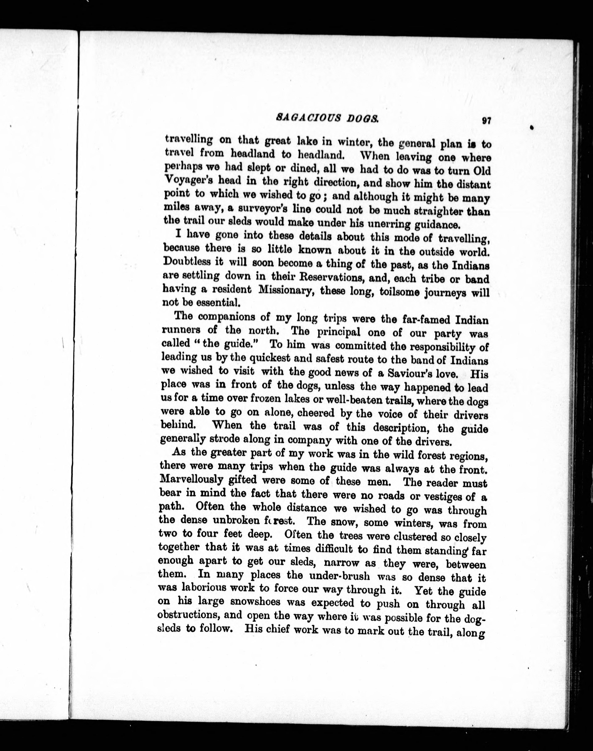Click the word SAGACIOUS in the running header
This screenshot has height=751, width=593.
(304, 118)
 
